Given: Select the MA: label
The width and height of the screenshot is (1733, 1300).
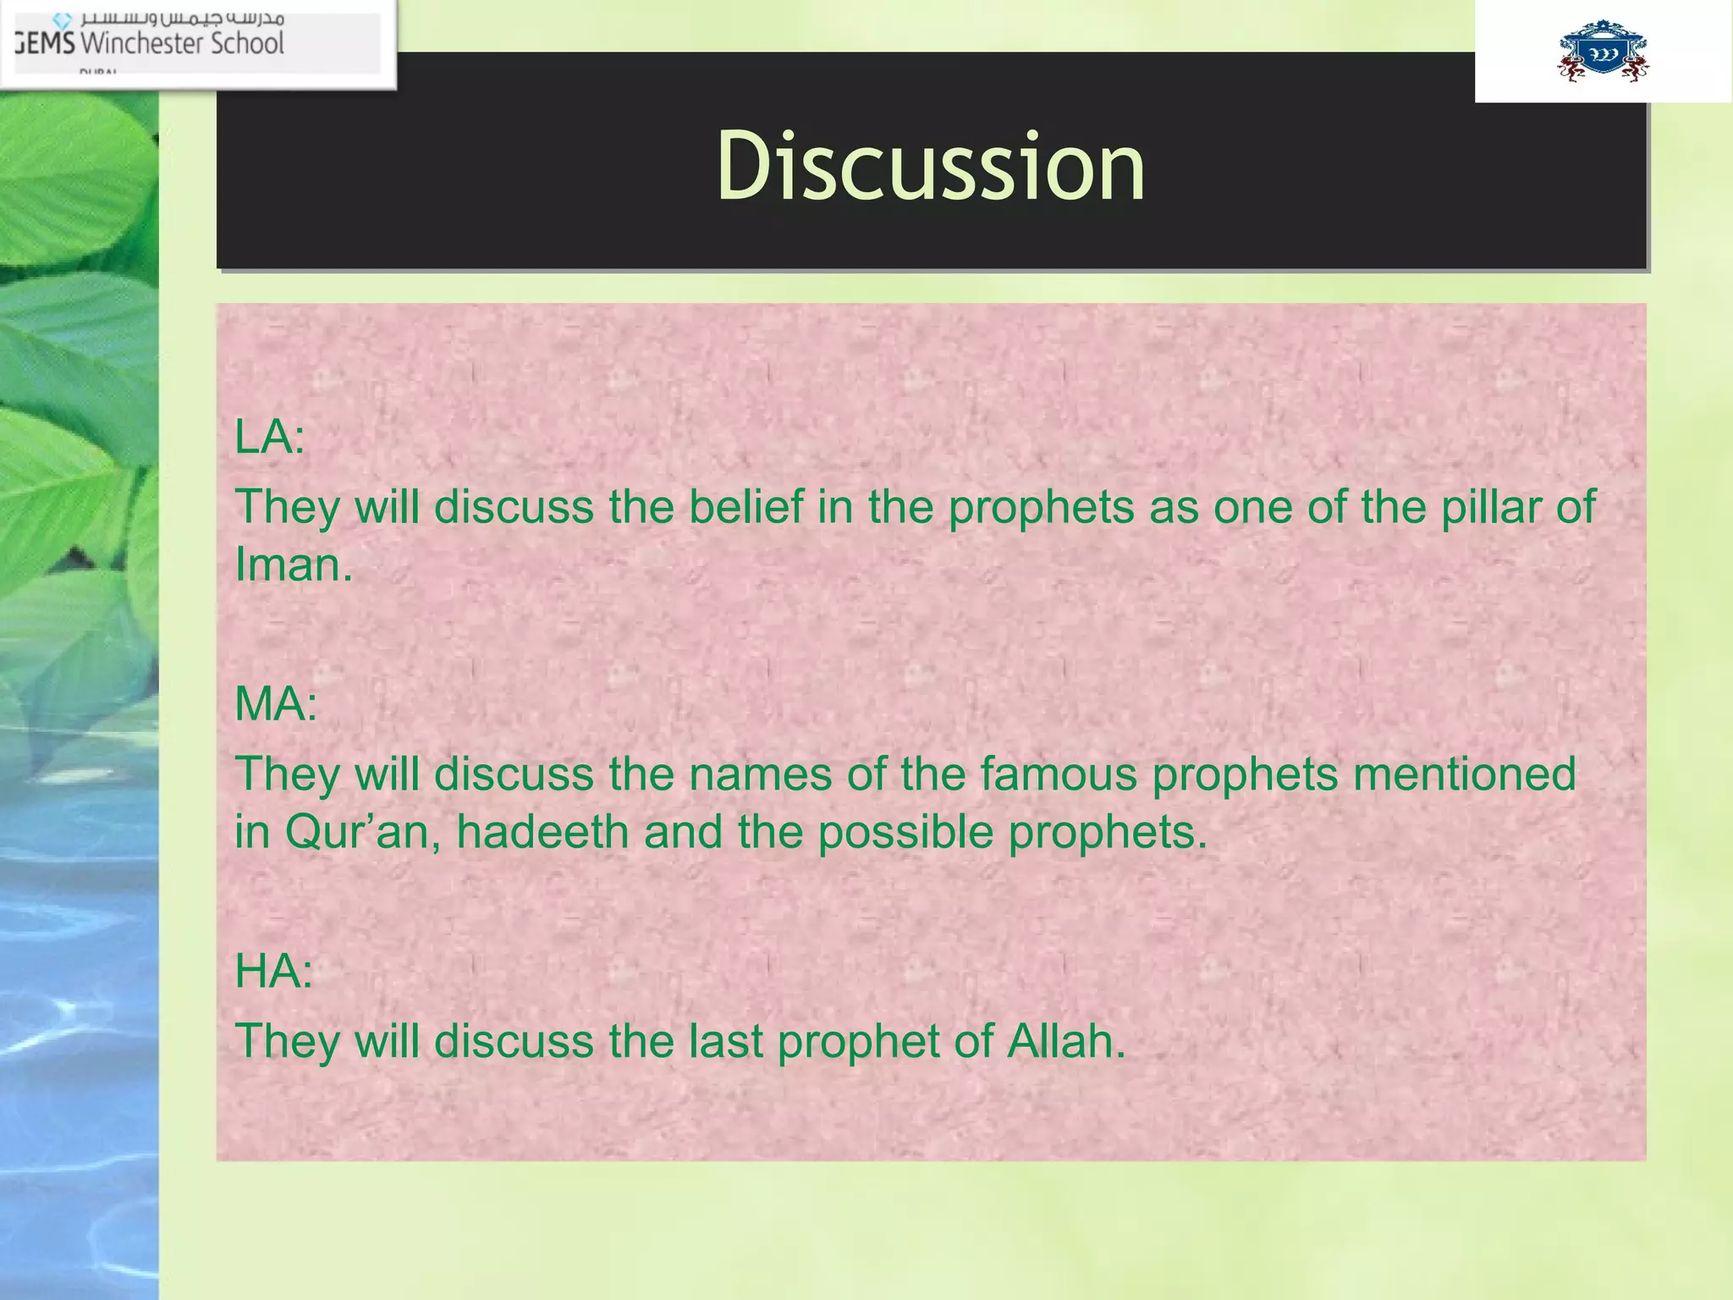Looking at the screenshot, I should point(276,703).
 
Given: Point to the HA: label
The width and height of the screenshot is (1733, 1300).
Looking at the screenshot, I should point(273,971).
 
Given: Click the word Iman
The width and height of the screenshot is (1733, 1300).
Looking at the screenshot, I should point(293,565).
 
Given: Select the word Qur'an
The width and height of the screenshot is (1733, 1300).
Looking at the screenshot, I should point(362,832).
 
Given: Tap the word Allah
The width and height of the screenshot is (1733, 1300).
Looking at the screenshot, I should point(1065,1041).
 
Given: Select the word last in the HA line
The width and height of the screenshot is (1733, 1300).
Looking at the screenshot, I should point(725,1041).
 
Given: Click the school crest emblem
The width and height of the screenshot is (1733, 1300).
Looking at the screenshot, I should point(1603,52).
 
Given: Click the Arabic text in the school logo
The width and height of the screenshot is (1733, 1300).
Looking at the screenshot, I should point(182,18).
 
